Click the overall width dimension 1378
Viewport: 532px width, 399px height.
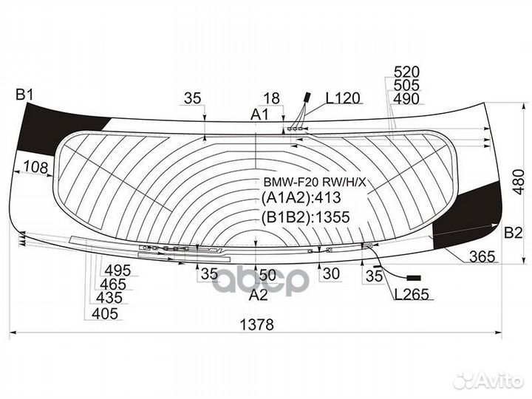click(256, 324)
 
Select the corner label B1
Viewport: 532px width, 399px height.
click(24, 95)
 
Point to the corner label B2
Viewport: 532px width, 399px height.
click(513, 233)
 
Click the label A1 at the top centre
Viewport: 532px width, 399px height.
click(259, 115)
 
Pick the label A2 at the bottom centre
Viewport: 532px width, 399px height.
click(258, 295)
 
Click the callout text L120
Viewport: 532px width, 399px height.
click(343, 98)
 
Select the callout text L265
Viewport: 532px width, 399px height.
click(412, 294)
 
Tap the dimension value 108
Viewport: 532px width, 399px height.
click(36, 167)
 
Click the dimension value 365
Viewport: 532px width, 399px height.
click(482, 256)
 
